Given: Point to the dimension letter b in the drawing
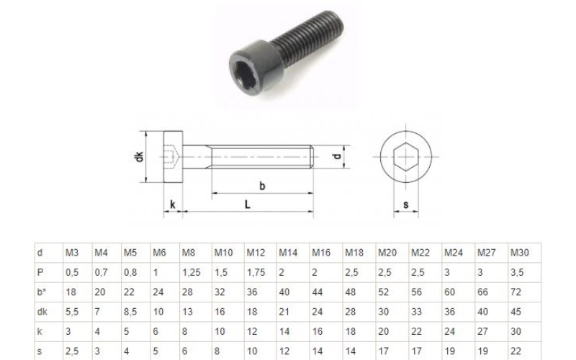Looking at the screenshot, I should [x=262, y=186].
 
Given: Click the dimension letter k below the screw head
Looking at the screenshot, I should [x=172, y=204].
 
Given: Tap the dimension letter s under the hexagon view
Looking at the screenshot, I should [x=406, y=204].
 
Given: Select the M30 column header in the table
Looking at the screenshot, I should [x=519, y=253].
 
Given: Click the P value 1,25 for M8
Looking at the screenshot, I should [x=192, y=273].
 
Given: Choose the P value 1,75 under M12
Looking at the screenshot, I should [x=256, y=273].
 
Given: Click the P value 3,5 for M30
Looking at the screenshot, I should [x=517, y=273].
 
